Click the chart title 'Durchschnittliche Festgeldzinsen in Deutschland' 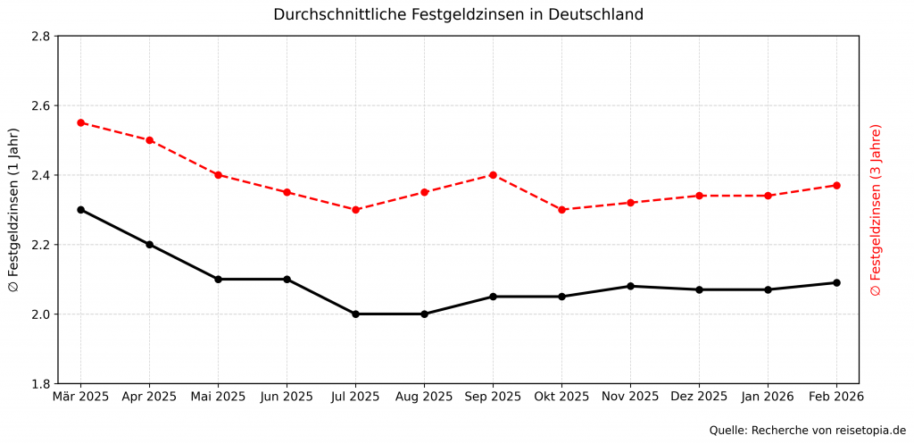click(458, 14)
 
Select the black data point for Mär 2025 click(80, 210)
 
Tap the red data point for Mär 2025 click(80, 122)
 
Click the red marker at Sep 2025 click(493, 175)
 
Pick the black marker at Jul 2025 click(355, 314)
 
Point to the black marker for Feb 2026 click(836, 283)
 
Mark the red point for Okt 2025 click(561, 210)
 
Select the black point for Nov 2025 click(630, 286)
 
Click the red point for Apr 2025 click(149, 140)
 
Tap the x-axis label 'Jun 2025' click(287, 396)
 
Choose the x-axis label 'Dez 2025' click(699, 396)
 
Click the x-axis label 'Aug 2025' click(424, 396)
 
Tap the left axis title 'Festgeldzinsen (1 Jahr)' click(13, 210)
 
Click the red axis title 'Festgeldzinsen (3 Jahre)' click(876, 210)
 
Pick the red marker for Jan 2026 click(768, 196)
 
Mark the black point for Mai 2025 click(218, 280)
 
